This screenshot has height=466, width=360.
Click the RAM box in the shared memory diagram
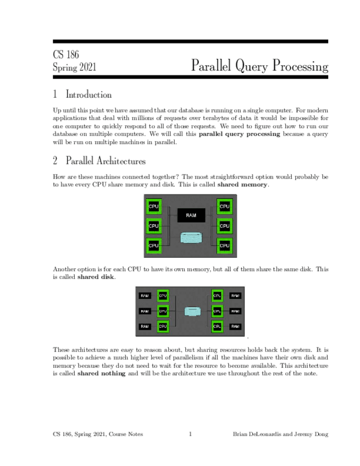191,215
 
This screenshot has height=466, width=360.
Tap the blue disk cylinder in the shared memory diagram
191,238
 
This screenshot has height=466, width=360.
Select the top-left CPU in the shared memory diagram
154,207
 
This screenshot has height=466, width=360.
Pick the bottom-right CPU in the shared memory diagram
224,245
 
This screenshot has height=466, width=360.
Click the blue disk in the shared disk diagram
191,311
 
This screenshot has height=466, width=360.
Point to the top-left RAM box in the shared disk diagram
145,296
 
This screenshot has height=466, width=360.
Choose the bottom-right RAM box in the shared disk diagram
235,326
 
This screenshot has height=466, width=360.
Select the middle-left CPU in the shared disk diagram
163,311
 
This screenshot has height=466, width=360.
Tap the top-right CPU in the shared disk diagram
217,296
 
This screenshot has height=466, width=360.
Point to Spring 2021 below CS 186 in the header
74,68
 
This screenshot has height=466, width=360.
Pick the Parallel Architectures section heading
105,162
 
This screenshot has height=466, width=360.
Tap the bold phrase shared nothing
101,374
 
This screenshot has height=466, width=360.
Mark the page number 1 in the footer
190,434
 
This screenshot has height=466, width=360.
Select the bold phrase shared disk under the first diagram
96,277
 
